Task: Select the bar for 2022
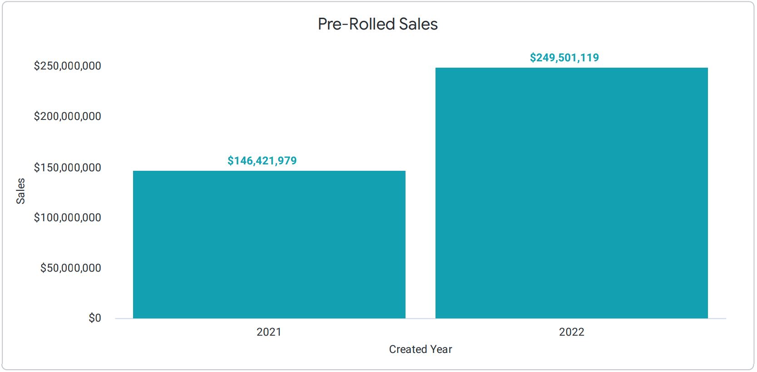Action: point(571,193)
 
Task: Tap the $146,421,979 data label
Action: point(262,161)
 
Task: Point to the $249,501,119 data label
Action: point(564,58)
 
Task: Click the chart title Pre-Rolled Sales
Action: point(377,24)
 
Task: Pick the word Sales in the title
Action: point(418,24)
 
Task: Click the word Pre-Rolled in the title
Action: point(356,24)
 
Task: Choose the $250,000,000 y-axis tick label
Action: point(68,66)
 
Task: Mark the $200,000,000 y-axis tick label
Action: point(68,116)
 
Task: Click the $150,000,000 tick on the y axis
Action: point(68,168)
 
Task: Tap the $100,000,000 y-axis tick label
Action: point(68,218)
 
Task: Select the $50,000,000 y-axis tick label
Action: point(71,268)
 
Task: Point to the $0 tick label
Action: point(95,318)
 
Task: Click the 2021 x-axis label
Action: point(269,332)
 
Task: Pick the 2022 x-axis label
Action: point(571,332)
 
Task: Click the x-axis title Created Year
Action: point(421,349)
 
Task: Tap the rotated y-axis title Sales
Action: point(21,191)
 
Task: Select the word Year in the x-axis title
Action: point(441,349)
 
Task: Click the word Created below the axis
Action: point(408,349)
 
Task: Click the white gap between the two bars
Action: point(421,227)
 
